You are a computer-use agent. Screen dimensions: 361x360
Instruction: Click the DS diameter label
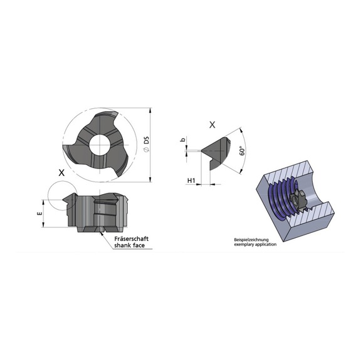pyautogui.click(x=147, y=144)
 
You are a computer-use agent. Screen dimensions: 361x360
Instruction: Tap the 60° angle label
pyautogui.click(x=242, y=151)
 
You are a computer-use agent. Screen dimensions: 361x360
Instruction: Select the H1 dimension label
pyautogui.click(x=191, y=180)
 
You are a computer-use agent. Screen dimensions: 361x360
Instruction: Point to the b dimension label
pyautogui.click(x=183, y=140)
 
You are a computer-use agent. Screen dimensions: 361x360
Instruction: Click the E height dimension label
pyautogui.click(x=39, y=213)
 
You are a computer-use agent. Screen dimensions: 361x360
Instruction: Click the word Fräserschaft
pyautogui.click(x=132, y=239)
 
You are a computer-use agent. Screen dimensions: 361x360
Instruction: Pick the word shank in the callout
pyautogui.click(x=122, y=245)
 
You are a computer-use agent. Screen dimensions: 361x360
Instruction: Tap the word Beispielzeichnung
pyautogui.click(x=251, y=240)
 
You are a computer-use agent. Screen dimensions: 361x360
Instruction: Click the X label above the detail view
pyautogui.click(x=212, y=125)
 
